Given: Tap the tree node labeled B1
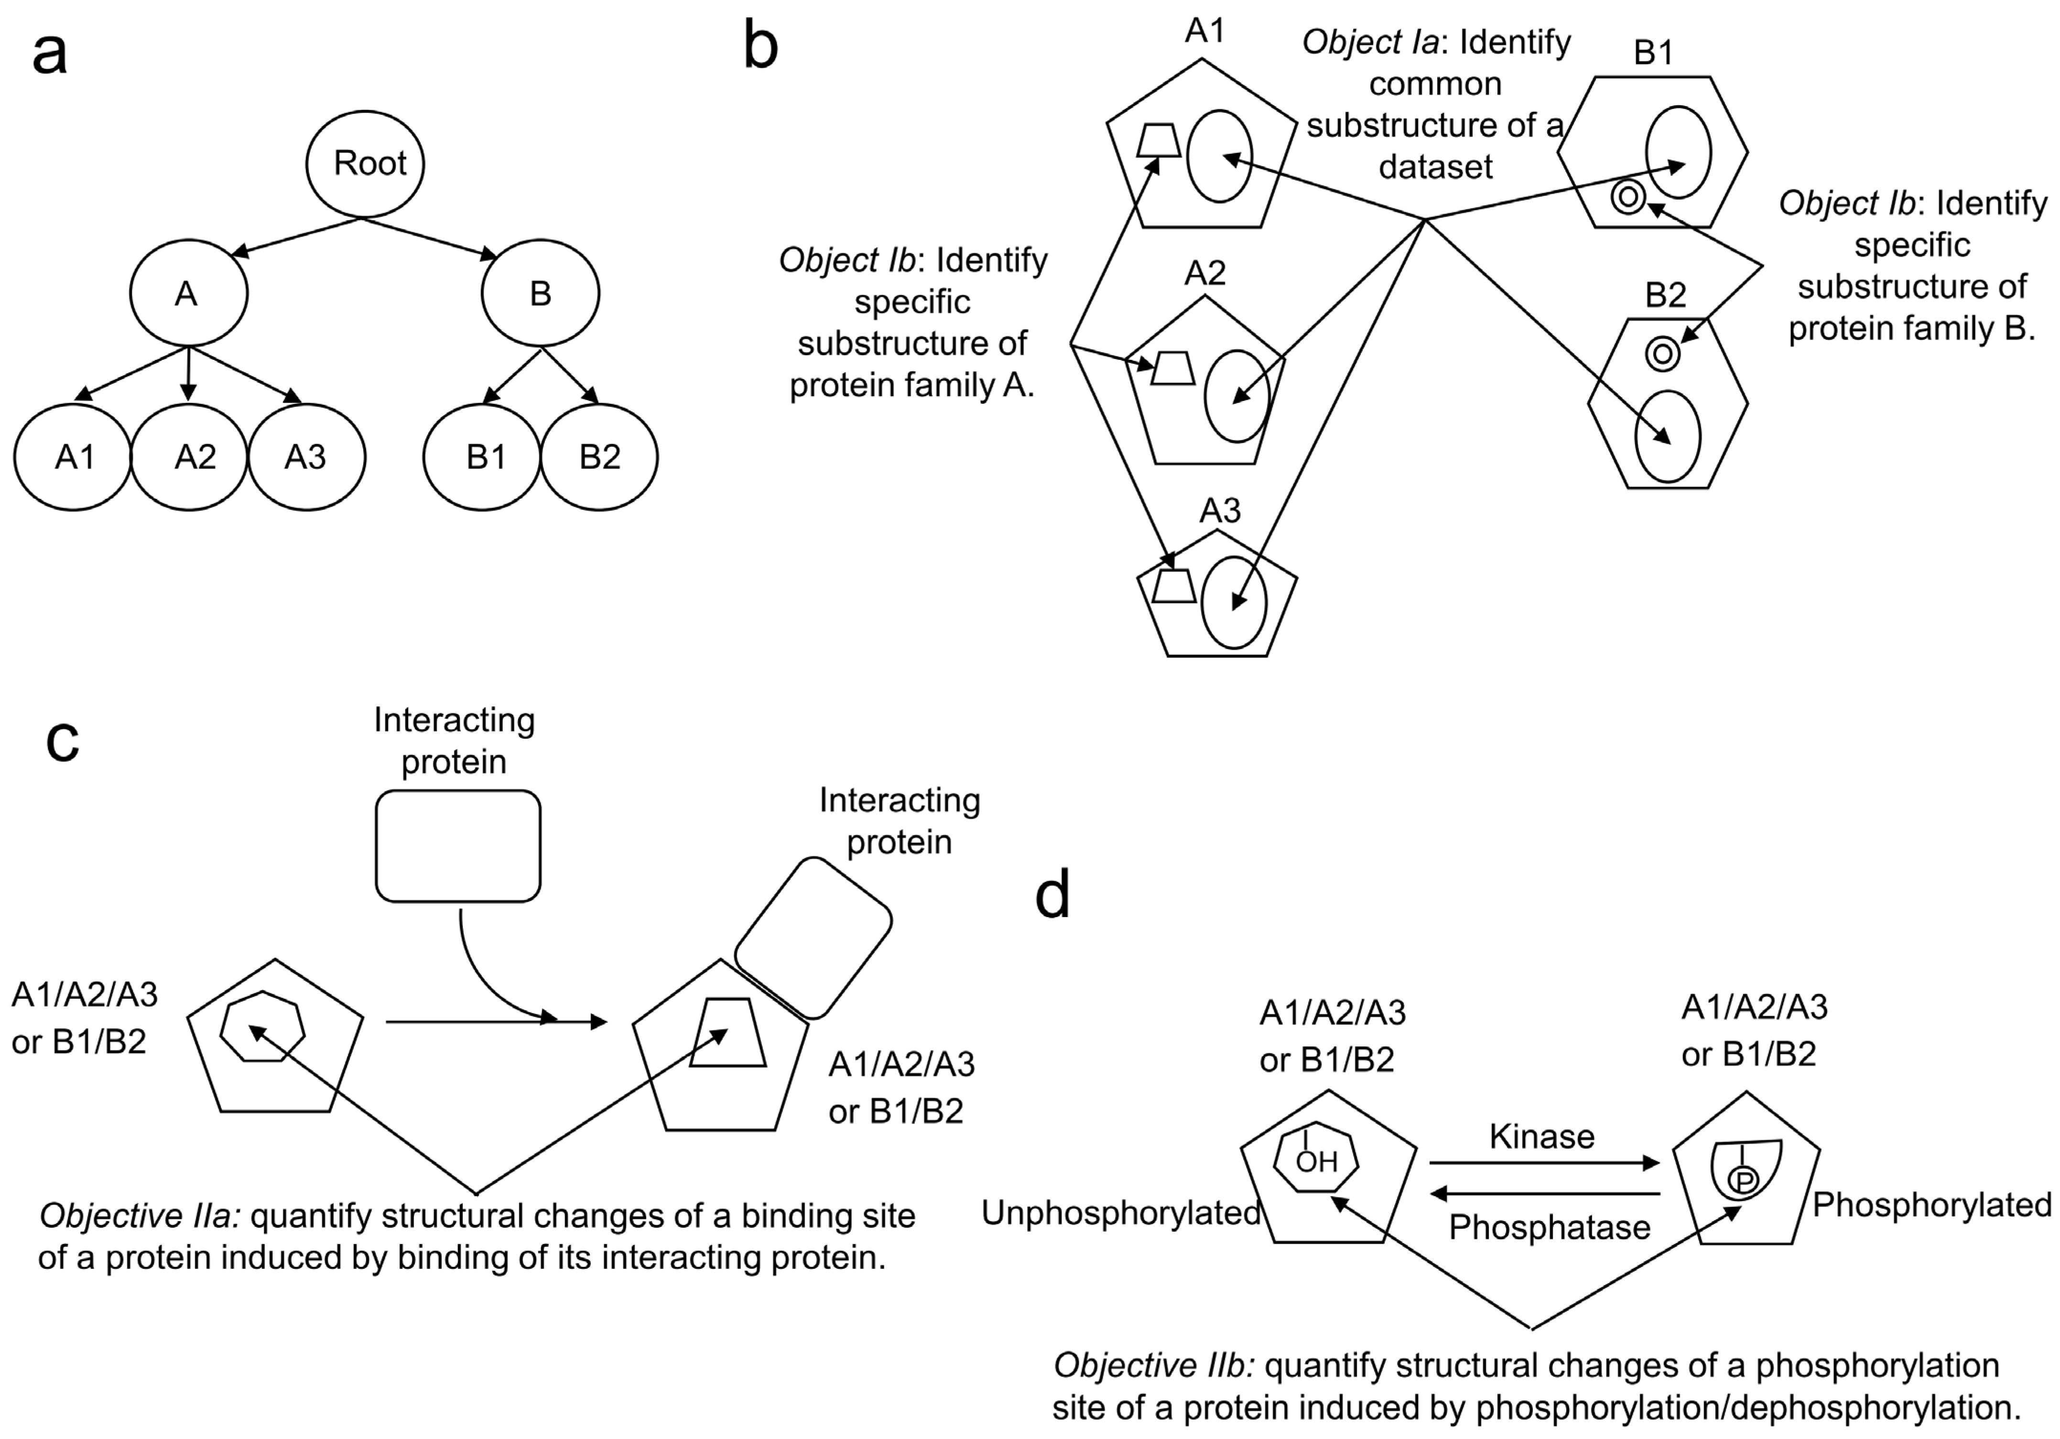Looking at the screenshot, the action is point(483,456).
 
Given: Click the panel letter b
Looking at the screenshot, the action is point(761,47).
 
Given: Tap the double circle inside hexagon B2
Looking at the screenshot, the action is point(1662,354).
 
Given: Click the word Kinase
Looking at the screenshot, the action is point(1541,1136).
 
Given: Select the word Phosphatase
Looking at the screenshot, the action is point(1550,1227).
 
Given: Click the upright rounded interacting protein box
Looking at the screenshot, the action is point(457,845).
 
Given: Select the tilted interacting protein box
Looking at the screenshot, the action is point(813,939).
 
